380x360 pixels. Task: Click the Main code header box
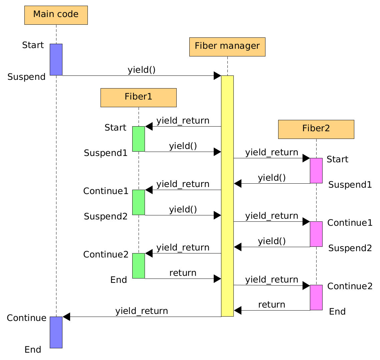coord(56,15)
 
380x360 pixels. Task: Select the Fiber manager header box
coord(227,47)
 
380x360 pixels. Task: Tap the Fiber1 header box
coord(138,98)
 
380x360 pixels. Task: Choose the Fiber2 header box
coord(316,129)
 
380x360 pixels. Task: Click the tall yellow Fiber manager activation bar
coord(227,196)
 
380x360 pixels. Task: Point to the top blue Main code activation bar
coord(56,59)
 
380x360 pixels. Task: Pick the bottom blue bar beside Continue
coord(56,332)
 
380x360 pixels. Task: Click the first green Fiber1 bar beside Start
coord(139,139)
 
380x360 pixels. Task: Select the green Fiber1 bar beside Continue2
coord(139,266)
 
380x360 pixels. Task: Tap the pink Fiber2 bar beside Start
coord(316,171)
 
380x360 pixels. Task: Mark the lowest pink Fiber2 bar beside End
coord(316,298)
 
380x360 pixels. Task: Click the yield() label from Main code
coord(142,70)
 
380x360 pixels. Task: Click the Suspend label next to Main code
coord(26,77)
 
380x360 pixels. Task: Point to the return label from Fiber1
coord(183,273)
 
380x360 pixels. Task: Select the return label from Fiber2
coord(271,305)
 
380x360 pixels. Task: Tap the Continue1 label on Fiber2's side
coord(350,223)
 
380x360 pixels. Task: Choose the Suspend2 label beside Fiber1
coord(106,216)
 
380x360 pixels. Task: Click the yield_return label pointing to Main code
coord(142,311)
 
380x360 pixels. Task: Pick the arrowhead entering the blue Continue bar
coord(66,317)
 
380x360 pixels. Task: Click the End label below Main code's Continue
coord(33,350)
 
